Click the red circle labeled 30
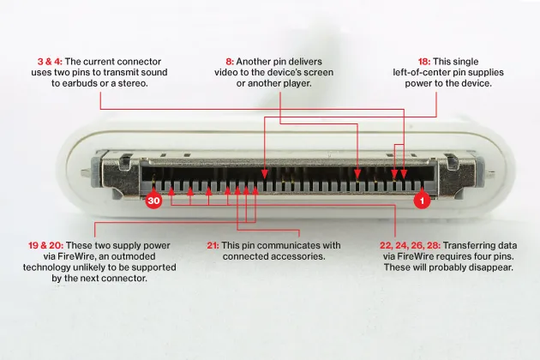coord(153,201)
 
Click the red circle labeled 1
coord(422,201)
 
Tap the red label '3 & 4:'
coord(50,62)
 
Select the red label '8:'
coord(230,62)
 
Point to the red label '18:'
coord(424,62)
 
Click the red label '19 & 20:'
coord(45,245)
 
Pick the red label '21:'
coord(213,245)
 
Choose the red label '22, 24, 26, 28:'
coord(411,245)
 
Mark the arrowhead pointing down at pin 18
coord(264,174)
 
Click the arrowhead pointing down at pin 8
coord(357,174)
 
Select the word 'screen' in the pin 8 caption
coord(317,72)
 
